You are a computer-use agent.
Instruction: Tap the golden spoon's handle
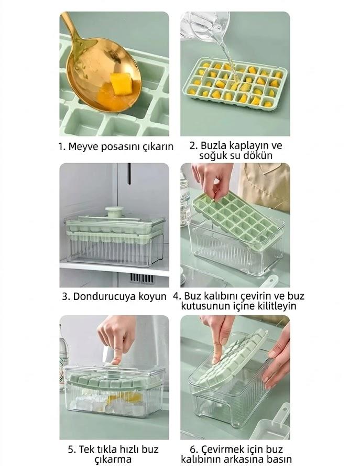[x=71, y=27]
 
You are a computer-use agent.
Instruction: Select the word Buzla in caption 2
[x=213, y=145]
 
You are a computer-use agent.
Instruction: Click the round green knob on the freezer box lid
[x=113, y=211]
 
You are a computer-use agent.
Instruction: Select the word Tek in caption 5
[x=86, y=450]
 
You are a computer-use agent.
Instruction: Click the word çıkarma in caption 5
[x=113, y=460]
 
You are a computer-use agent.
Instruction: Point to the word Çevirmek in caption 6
[x=223, y=450]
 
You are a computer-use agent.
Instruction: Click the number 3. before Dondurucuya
[x=66, y=296]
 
